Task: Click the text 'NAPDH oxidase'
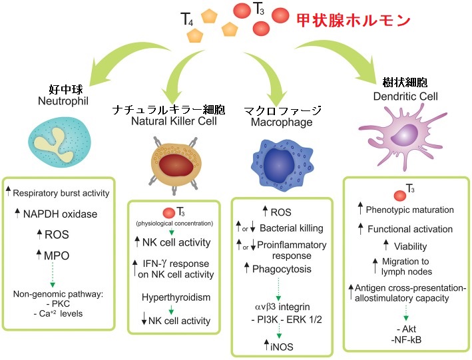61,214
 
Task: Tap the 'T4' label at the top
190,18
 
